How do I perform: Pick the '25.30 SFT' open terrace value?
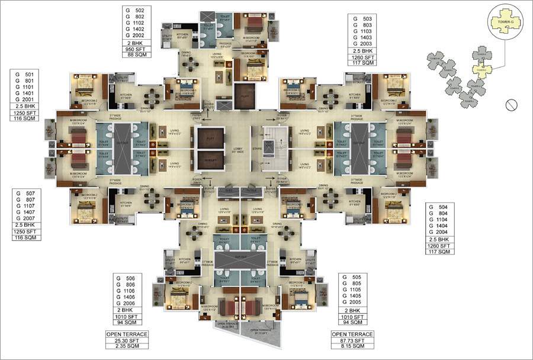126,341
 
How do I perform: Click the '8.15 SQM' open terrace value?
351,348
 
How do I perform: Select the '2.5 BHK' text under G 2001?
25,106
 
